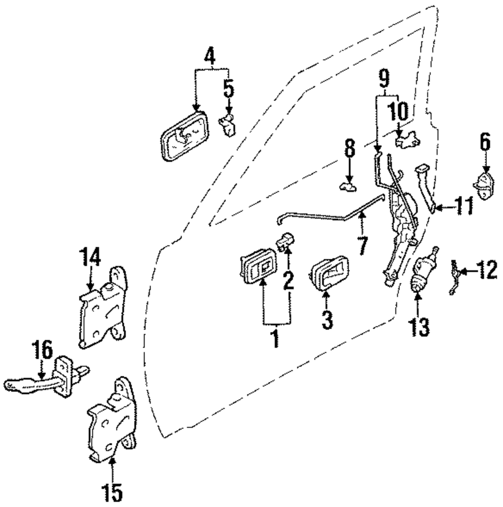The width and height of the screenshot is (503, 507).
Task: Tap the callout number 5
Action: [x=229, y=89]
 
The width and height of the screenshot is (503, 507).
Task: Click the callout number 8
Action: [x=350, y=149]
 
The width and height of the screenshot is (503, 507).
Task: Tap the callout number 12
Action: [x=486, y=272]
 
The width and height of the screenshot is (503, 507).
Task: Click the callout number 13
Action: [x=419, y=327]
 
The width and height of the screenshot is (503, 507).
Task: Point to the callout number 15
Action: [x=113, y=492]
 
